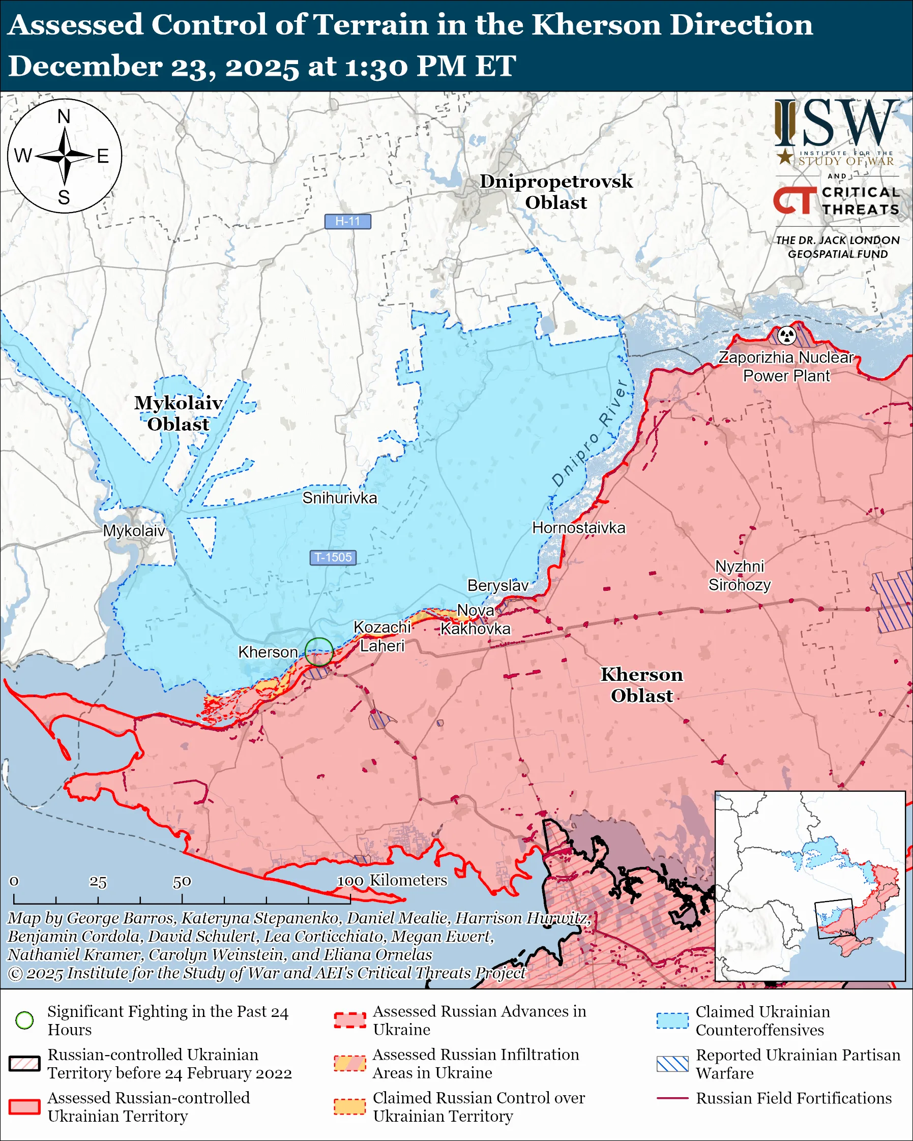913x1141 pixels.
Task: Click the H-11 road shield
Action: [348, 221]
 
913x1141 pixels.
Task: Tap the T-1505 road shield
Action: [333, 557]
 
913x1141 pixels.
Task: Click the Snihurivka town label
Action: [340, 498]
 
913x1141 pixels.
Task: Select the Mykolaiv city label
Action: [134, 531]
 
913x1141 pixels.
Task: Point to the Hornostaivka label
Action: [578, 528]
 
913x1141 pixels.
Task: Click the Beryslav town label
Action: [497, 585]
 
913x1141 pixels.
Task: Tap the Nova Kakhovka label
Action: [475, 620]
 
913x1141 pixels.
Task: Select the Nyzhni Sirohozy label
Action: [740, 576]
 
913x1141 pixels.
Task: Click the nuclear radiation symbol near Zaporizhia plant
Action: [787, 335]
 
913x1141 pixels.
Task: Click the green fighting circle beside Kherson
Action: [318, 651]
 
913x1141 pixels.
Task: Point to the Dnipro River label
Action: [590, 433]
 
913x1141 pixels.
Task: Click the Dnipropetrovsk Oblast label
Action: [556, 192]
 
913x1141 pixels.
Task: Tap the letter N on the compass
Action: [64, 116]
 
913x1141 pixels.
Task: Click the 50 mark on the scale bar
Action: [182, 882]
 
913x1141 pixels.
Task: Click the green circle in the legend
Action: [25, 1020]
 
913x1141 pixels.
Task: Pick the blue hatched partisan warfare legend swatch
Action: [672, 1064]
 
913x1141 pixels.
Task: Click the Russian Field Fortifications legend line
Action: [672, 1098]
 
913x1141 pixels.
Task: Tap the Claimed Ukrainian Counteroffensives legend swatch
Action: [672, 1020]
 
